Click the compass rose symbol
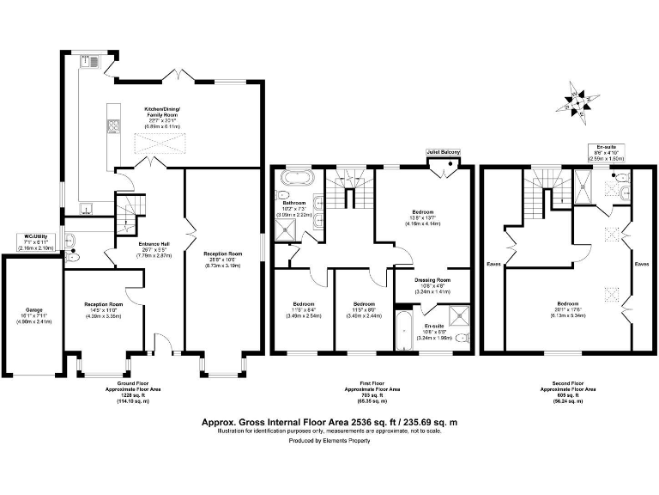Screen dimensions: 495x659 pos(579,101)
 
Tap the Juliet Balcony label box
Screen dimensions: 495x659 pos(444,152)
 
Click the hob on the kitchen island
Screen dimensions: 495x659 pos(112,128)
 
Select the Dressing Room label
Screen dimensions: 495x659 pos(432,285)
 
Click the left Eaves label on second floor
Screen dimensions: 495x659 pos(494,264)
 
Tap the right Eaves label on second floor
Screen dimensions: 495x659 pos(641,264)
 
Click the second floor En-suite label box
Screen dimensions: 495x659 pos(606,153)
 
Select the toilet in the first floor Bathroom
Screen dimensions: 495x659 pos(317,202)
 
